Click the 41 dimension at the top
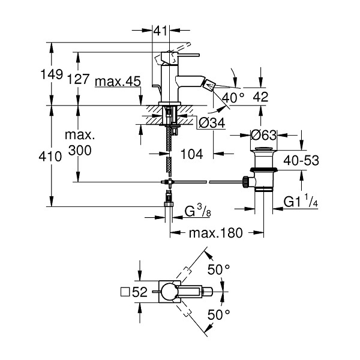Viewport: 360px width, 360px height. tap(160, 31)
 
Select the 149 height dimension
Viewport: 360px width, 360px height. tap(52, 74)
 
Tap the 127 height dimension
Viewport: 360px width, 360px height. tap(78, 79)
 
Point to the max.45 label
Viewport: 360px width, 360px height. tap(118, 81)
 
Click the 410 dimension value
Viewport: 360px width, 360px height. tap(50, 157)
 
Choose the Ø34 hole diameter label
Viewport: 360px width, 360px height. tap(212, 123)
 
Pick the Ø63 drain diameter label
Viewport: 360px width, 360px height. tap(263, 135)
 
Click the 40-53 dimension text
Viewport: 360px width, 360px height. tap(301, 160)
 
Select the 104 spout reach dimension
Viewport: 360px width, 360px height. tap(192, 154)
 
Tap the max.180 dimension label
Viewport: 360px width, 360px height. tap(216, 233)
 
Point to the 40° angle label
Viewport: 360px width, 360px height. tap(233, 97)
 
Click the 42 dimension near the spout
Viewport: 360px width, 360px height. tap(260, 97)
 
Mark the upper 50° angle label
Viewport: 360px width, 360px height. tap(218, 269)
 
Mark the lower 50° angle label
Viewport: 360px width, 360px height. tap(218, 314)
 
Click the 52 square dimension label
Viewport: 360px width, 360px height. tap(134, 292)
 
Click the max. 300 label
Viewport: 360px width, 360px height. tap(80, 143)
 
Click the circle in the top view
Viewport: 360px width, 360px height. tap(169, 292)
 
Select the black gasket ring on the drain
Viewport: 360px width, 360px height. tap(263, 170)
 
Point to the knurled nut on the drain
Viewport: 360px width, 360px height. tap(245, 182)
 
